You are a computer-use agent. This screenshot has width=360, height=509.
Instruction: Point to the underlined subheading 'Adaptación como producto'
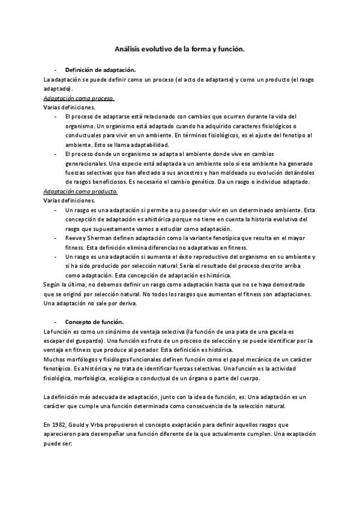[81, 191]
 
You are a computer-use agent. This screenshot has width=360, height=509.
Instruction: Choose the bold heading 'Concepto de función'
[94, 322]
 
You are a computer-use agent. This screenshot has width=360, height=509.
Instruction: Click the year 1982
[60, 424]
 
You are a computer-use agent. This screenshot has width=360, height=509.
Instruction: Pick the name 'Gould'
[82, 424]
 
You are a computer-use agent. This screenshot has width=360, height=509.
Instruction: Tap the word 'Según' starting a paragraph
[53, 285]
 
